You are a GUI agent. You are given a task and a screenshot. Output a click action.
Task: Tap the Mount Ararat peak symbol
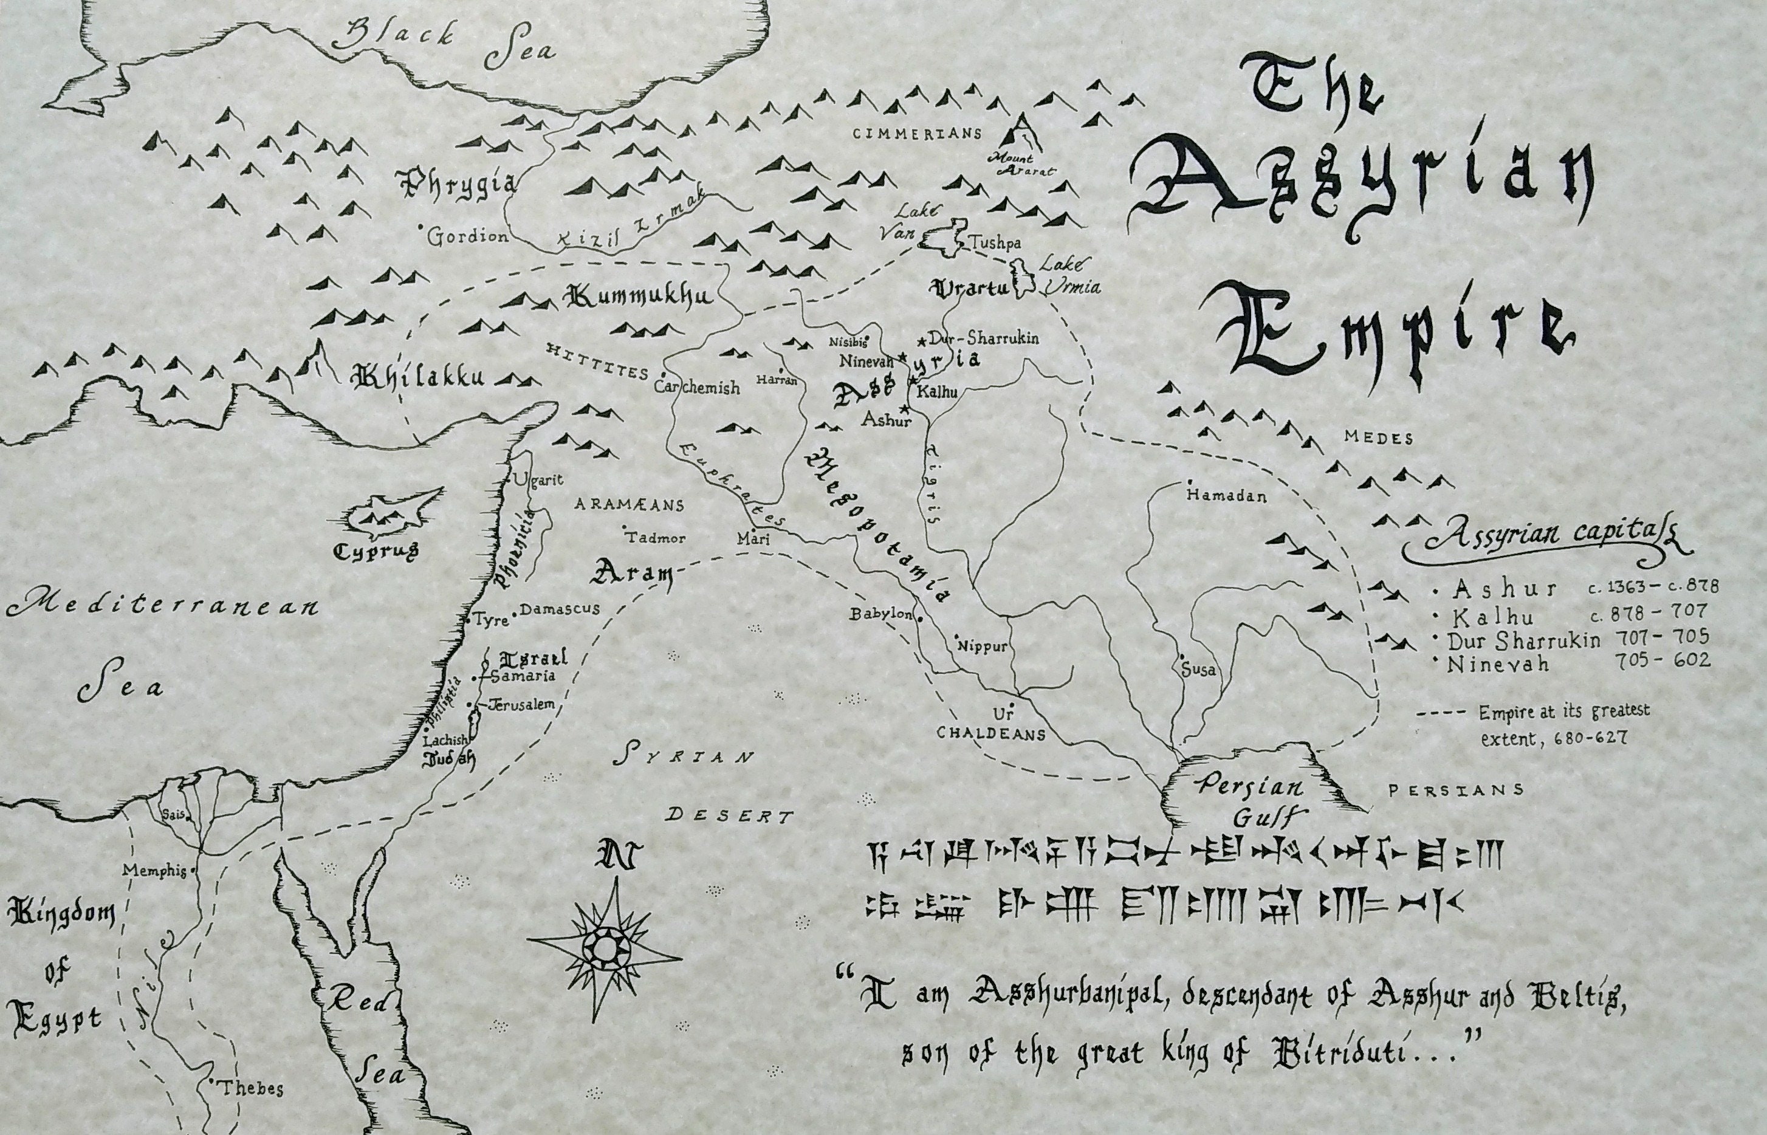click(1023, 135)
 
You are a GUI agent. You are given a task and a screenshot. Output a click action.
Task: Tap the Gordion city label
click(468, 236)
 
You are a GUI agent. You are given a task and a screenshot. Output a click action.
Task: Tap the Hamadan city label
click(1226, 496)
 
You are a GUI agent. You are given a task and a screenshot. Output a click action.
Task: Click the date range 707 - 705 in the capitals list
click(1662, 636)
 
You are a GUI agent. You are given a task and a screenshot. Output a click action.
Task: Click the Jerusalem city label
click(521, 705)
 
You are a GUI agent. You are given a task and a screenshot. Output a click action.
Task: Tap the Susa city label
click(1198, 670)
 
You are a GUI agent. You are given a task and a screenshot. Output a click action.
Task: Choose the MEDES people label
click(1378, 439)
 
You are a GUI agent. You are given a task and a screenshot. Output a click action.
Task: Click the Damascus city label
click(560, 609)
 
